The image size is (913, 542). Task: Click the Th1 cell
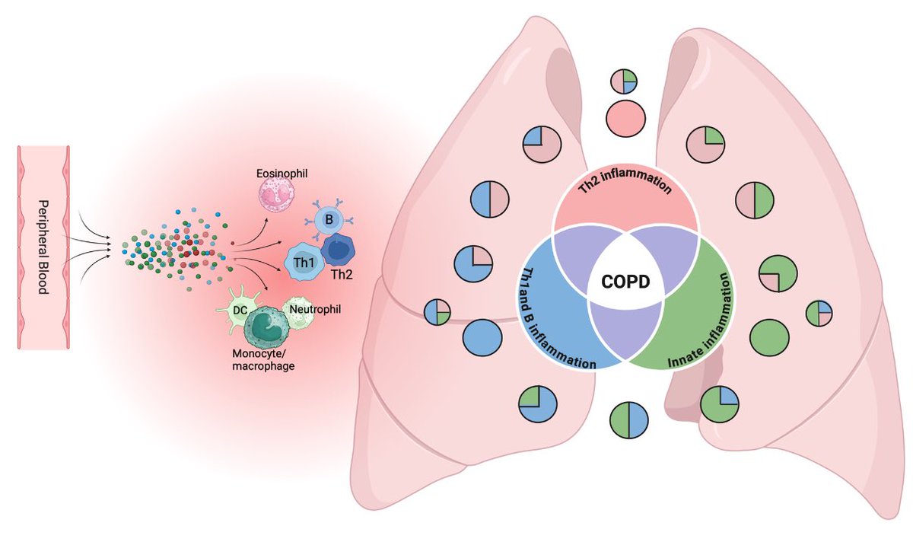point(303,262)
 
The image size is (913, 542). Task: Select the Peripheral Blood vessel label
point(44,247)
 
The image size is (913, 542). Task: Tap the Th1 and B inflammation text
point(543,320)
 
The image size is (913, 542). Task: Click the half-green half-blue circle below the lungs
point(629,421)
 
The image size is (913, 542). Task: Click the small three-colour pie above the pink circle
point(625,82)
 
